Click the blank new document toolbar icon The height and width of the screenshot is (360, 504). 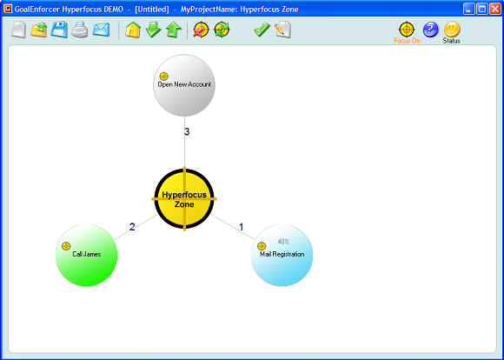click(x=18, y=30)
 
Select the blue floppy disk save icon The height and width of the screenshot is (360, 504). click(x=59, y=30)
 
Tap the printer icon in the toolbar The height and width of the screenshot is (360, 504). click(x=80, y=30)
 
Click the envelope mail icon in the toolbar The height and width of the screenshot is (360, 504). click(x=102, y=30)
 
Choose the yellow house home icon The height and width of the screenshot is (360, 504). click(x=133, y=30)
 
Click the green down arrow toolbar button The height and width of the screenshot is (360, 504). click(x=153, y=30)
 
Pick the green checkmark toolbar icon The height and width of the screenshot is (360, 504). click(x=262, y=30)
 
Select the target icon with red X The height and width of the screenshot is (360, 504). click(x=201, y=30)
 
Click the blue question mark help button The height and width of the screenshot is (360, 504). click(x=431, y=30)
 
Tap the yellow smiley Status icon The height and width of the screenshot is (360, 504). click(x=452, y=30)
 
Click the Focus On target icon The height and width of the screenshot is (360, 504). click(x=407, y=30)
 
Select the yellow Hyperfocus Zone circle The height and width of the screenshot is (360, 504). click(x=184, y=199)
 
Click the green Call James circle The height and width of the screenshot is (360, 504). click(x=87, y=255)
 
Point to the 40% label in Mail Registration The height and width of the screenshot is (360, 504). click(x=283, y=241)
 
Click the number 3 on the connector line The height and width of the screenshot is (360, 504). click(x=187, y=132)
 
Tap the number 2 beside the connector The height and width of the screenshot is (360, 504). click(x=132, y=227)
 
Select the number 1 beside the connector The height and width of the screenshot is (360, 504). click(x=242, y=227)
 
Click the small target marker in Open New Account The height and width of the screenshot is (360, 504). click(x=164, y=77)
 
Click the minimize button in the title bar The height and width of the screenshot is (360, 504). click(x=469, y=9)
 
